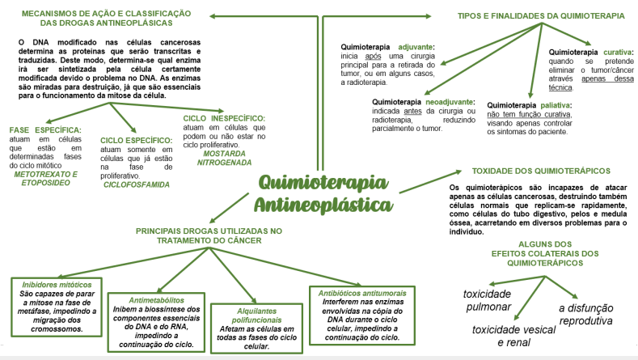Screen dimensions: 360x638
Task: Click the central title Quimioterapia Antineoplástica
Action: pyautogui.click(x=323, y=193)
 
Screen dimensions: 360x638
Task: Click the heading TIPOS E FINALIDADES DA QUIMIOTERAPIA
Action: pyautogui.click(x=529, y=15)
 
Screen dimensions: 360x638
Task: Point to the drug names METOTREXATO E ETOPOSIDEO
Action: pyautogui.click(x=45, y=178)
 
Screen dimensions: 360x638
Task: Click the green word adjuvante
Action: pyautogui.click(x=412, y=48)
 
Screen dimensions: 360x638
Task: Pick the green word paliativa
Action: pyautogui.click(x=555, y=105)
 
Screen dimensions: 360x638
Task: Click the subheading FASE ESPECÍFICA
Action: pyautogui.click(x=45, y=129)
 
